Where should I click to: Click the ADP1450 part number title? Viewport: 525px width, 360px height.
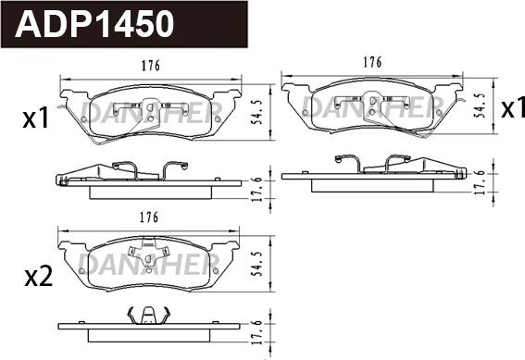click(94, 24)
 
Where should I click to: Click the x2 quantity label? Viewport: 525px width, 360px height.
click(39, 278)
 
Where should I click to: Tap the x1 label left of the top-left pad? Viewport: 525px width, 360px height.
click(36, 118)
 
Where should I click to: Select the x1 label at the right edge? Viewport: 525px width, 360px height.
click(513, 108)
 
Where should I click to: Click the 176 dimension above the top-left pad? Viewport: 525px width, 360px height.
click(151, 65)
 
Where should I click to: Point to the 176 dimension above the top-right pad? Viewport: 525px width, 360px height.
click(372, 62)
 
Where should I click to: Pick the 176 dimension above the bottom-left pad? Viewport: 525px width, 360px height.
click(149, 217)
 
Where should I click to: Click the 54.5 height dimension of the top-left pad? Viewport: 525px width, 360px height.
click(257, 112)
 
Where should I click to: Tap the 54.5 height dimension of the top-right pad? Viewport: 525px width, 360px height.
click(481, 106)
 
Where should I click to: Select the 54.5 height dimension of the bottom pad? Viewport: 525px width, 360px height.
click(257, 264)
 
